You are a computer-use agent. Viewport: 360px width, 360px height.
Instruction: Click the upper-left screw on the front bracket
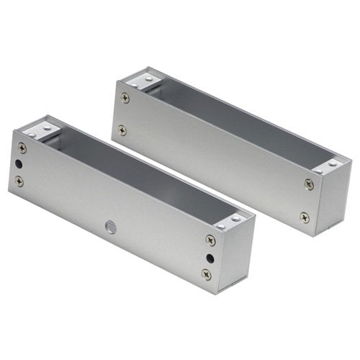(x=22, y=148)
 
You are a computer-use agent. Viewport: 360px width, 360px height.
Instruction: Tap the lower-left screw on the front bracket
(x=19, y=181)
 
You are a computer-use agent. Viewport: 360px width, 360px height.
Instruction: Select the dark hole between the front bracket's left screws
(x=19, y=164)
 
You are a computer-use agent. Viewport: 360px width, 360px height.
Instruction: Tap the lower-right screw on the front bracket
(x=207, y=274)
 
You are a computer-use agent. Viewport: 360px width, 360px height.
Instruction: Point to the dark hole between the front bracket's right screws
(x=209, y=257)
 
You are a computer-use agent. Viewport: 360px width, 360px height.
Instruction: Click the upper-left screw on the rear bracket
(x=125, y=98)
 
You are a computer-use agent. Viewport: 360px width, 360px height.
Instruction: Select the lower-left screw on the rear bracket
(x=122, y=130)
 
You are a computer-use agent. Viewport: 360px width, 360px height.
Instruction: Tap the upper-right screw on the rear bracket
(x=309, y=184)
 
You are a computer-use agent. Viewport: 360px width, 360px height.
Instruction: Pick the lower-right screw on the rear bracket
(x=305, y=217)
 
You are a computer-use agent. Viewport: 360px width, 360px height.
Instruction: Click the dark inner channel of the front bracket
(x=137, y=173)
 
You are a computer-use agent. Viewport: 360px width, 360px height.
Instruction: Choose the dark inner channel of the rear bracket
(x=238, y=122)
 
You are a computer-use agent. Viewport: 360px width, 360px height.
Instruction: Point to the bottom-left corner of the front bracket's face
(x=10, y=190)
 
